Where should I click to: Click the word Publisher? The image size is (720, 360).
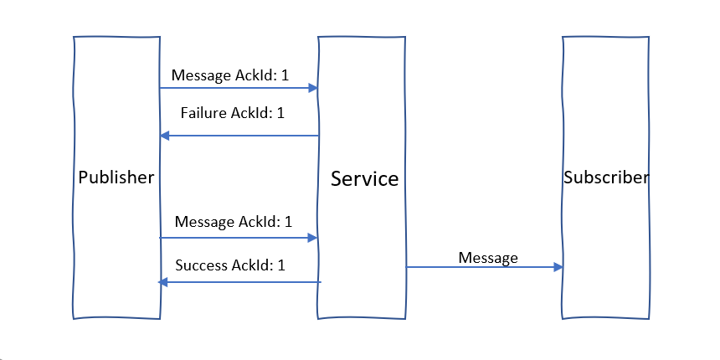(116, 177)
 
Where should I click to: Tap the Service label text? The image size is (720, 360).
(364, 178)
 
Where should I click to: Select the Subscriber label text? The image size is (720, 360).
(605, 177)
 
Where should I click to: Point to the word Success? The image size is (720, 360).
(200, 265)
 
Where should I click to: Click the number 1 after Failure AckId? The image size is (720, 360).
(280, 113)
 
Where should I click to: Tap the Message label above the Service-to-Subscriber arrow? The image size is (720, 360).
(488, 258)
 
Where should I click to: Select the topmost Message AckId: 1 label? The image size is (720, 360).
(230, 75)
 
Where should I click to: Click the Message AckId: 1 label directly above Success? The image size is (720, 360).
(234, 222)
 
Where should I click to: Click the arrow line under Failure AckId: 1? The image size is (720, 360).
(243, 136)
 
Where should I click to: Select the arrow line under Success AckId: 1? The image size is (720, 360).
(243, 282)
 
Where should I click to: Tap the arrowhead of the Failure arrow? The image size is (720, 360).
(164, 136)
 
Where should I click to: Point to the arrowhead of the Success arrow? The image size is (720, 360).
(163, 282)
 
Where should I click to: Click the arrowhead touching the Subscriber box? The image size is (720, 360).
(558, 267)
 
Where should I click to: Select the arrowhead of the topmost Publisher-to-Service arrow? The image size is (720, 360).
(314, 87)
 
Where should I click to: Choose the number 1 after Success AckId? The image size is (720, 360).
(281, 265)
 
